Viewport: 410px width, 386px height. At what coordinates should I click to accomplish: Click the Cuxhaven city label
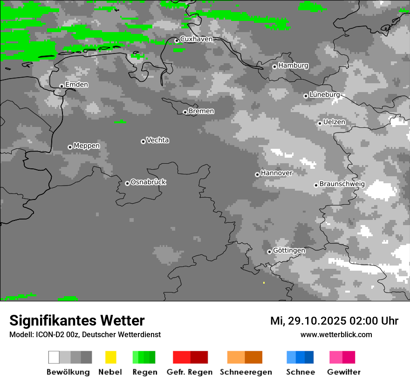[x=196, y=39]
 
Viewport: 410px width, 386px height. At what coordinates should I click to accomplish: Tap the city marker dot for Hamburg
[x=274, y=67]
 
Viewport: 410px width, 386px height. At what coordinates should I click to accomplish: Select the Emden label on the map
[x=76, y=85]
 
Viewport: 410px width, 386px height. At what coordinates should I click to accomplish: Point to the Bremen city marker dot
[x=185, y=112]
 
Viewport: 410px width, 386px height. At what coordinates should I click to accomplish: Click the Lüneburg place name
[x=325, y=94]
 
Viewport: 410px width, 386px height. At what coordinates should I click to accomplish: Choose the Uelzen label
[x=334, y=122]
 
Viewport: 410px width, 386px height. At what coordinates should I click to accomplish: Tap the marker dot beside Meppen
[x=70, y=147]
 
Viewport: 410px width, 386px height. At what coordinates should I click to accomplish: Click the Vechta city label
[x=157, y=140]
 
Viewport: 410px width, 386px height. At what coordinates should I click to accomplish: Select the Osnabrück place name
[x=148, y=182]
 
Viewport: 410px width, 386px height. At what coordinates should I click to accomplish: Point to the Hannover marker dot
[x=257, y=174]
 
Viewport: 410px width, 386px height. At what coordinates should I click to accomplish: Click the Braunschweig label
[x=342, y=184]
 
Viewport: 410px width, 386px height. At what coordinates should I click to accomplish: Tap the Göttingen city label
[x=289, y=251]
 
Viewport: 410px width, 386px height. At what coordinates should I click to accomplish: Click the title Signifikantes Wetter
[x=77, y=320]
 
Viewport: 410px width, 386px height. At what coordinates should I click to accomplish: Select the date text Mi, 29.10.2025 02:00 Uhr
[x=334, y=321]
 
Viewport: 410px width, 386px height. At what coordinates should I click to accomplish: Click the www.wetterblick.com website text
[x=336, y=334]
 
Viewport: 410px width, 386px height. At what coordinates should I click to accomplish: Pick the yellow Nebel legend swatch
[x=110, y=357]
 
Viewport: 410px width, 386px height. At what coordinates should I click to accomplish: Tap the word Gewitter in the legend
[x=343, y=372]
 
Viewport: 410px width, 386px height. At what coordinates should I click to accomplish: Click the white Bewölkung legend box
[x=54, y=357]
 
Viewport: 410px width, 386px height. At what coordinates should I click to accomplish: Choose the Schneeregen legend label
[x=246, y=372]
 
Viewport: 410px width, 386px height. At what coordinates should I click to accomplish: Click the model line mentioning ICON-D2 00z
[x=85, y=334]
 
